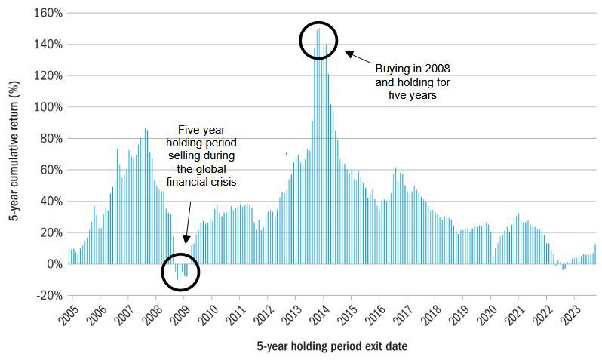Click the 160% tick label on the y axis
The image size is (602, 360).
click(48, 13)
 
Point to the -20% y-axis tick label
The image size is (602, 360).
click(49, 295)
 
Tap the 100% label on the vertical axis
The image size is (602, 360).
click(48, 107)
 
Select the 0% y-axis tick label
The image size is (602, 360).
click(54, 264)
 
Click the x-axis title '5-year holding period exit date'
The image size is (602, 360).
click(332, 346)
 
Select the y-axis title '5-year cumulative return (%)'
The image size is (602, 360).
click(14, 151)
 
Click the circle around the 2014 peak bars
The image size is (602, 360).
click(299, 40)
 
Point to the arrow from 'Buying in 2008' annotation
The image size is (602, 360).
click(358, 57)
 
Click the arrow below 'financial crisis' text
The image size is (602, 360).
click(188, 223)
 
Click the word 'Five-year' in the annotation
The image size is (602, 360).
click(201, 130)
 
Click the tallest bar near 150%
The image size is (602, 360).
click(319, 146)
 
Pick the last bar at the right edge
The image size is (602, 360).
click(595, 254)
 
